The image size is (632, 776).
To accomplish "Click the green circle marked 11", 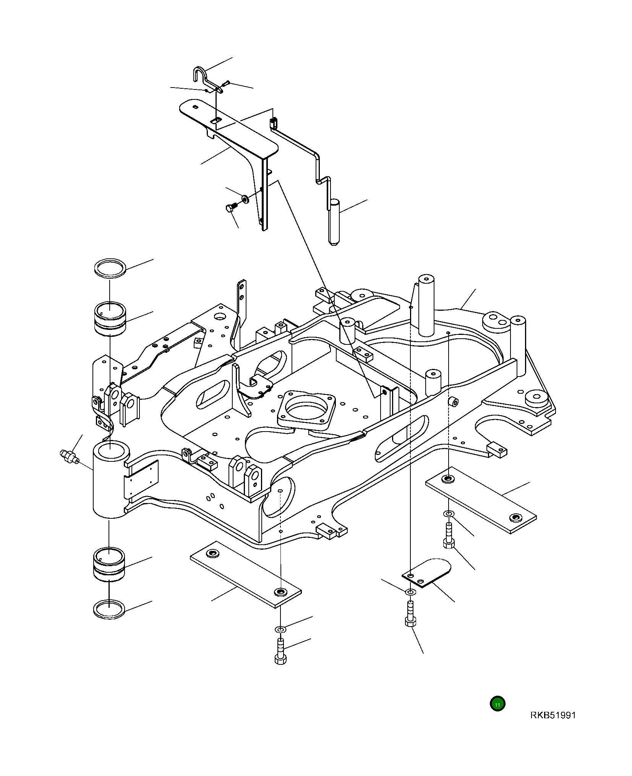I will pyautogui.click(x=497, y=704).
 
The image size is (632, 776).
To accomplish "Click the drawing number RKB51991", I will pyautogui.click(x=553, y=715).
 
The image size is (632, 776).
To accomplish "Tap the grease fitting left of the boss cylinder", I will pyautogui.click(x=69, y=456).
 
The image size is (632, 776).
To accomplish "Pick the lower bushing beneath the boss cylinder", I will pyautogui.click(x=109, y=565).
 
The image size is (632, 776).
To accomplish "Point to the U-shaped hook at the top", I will pyautogui.click(x=200, y=75).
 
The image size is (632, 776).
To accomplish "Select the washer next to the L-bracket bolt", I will pyautogui.click(x=245, y=199).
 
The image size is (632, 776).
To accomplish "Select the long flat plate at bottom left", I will pyautogui.click(x=245, y=574).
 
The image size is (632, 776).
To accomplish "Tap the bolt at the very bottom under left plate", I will pyautogui.click(x=280, y=651).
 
